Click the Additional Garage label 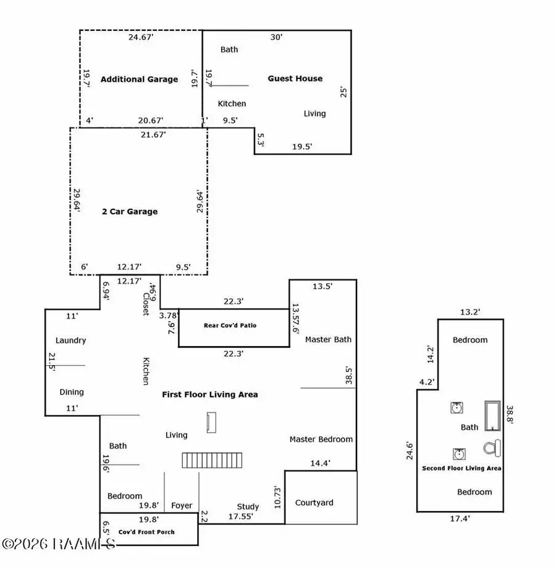(139, 79)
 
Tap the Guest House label (295, 78)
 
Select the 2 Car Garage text (130, 211)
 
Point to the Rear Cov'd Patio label (230, 325)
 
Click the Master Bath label (328, 339)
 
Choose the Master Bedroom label (321, 439)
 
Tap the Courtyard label (314, 502)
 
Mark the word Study (248, 507)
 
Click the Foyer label (182, 505)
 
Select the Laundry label (70, 340)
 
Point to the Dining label (71, 392)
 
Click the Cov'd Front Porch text (146, 531)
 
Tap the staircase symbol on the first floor (213, 460)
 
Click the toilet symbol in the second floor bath (494, 447)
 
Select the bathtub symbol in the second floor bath (493, 416)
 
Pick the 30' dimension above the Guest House (276, 37)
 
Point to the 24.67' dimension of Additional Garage (140, 38)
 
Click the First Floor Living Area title (209, 394)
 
